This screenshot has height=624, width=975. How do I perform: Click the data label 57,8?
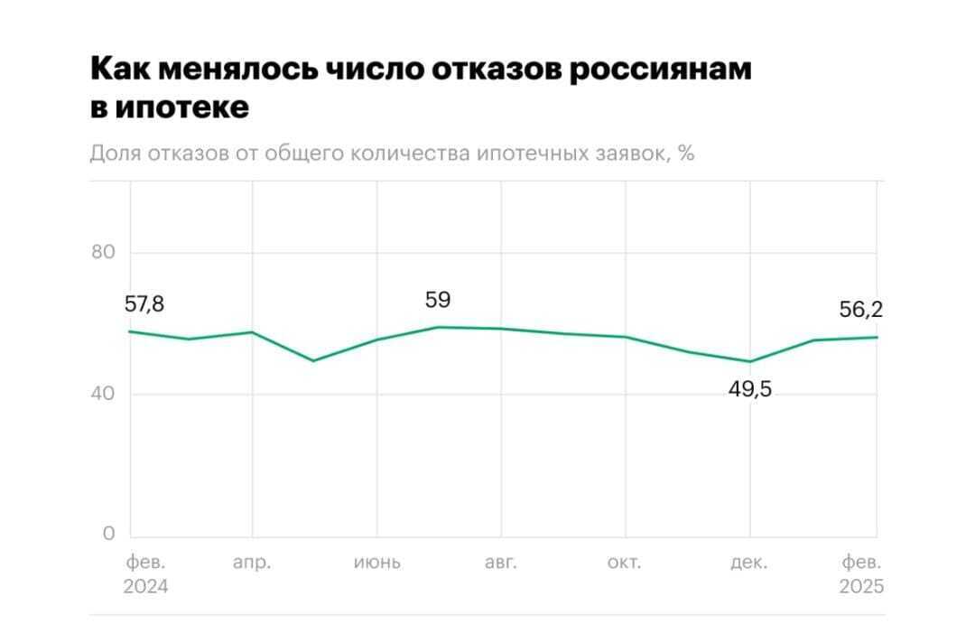click(144, 305)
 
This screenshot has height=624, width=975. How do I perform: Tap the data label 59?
click(438, 300)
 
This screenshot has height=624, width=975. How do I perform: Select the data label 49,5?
click(750, 390)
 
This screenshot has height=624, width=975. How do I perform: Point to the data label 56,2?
click(860, 310)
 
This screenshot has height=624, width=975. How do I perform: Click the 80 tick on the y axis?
click(104, 252)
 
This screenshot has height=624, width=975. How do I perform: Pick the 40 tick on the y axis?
click(104, 394)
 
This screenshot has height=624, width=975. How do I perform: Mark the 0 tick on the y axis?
click(109, 534)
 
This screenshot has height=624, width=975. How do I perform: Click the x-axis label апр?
click(252, 563)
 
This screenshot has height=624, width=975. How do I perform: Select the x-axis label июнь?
click(377, 563)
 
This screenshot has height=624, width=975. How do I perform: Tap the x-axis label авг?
click(501, 563)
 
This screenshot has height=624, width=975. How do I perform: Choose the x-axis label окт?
click(625, 563)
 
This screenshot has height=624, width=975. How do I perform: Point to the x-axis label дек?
click(749, 563)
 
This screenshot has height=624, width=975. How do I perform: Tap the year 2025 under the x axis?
click(861, 587)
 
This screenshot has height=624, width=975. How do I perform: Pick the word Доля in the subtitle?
click(116, 154)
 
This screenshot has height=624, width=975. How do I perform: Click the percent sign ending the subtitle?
click(685, 154)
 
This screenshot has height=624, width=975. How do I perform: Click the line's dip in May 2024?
click(313, 360)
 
